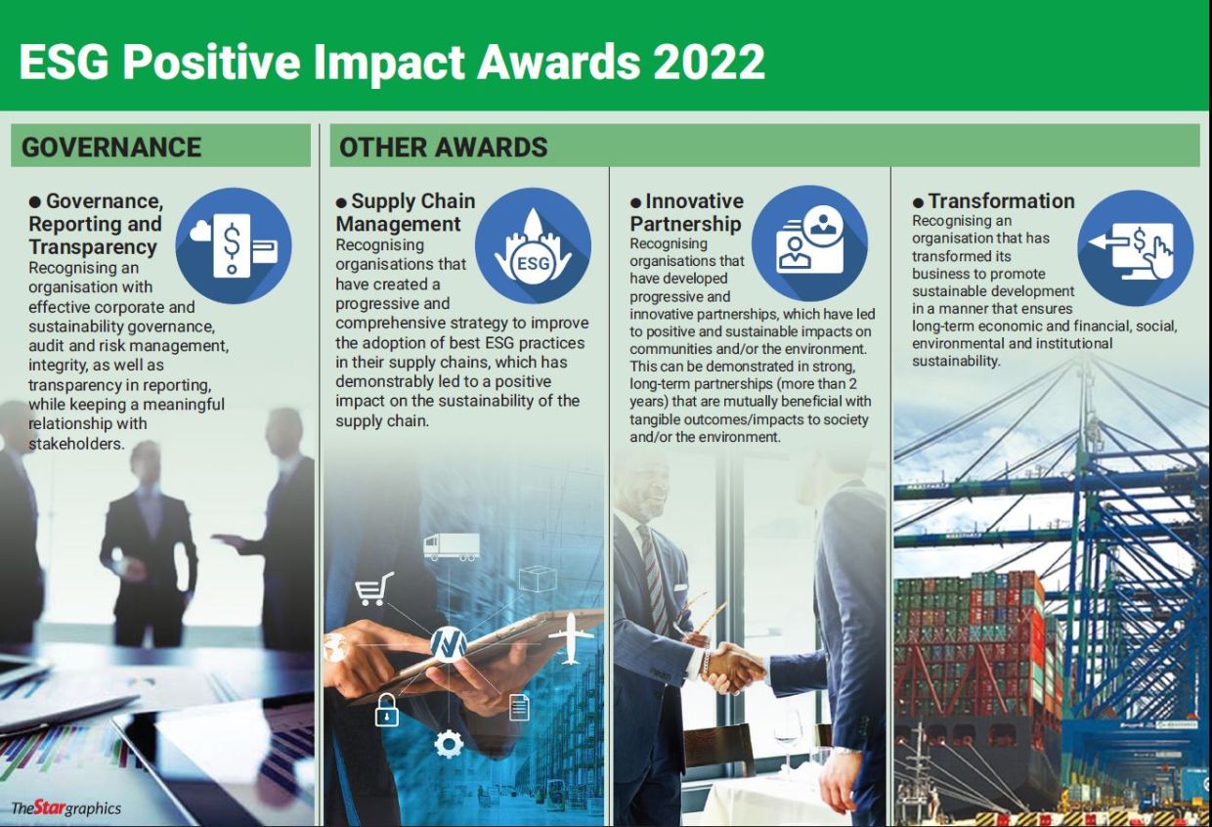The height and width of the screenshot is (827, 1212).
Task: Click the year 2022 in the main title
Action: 709,62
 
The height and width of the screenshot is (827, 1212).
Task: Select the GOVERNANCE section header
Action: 111,148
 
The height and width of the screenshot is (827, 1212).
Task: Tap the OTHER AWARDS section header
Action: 443,148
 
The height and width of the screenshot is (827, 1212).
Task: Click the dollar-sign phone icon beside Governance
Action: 234,245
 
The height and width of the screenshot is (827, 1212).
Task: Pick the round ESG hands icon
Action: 533,245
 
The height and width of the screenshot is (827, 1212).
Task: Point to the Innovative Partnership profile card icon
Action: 809,243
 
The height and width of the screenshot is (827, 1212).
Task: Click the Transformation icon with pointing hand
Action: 1135,248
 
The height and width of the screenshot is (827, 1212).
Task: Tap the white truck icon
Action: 452,546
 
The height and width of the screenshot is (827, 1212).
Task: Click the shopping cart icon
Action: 374,589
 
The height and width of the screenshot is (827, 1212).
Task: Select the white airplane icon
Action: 570,638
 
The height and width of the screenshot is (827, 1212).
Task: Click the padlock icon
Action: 387,710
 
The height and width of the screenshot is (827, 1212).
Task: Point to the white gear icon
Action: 449,744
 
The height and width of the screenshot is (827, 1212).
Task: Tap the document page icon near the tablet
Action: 519,708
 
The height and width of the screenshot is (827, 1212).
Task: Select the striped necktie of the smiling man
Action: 654,578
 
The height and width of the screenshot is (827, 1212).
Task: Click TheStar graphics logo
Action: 66,808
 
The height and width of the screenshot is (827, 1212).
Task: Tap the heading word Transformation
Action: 1001,200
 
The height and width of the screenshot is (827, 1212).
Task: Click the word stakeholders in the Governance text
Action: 76,444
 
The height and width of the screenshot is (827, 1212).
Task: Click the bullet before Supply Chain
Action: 341,203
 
